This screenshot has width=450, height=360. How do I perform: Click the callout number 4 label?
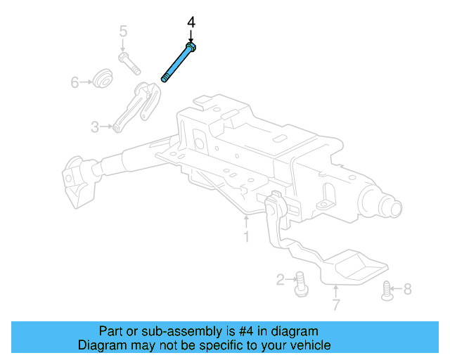point(191,23)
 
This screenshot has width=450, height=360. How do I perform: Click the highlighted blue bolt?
point(178,63)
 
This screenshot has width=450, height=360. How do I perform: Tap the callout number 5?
point(123,31)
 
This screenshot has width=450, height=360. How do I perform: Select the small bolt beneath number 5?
point(129,63)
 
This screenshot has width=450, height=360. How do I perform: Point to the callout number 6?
point(75,83)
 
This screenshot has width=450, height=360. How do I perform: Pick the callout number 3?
point(95,127)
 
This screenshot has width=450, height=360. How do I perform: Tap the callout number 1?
point(246,237)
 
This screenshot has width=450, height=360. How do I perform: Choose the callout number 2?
point(281,281)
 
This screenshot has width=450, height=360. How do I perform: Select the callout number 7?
point(336,305)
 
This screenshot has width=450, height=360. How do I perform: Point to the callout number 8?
point(408,288)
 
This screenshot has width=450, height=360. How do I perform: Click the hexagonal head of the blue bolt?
point(191,46)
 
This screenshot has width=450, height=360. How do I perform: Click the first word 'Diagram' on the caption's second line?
point(101,345)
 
